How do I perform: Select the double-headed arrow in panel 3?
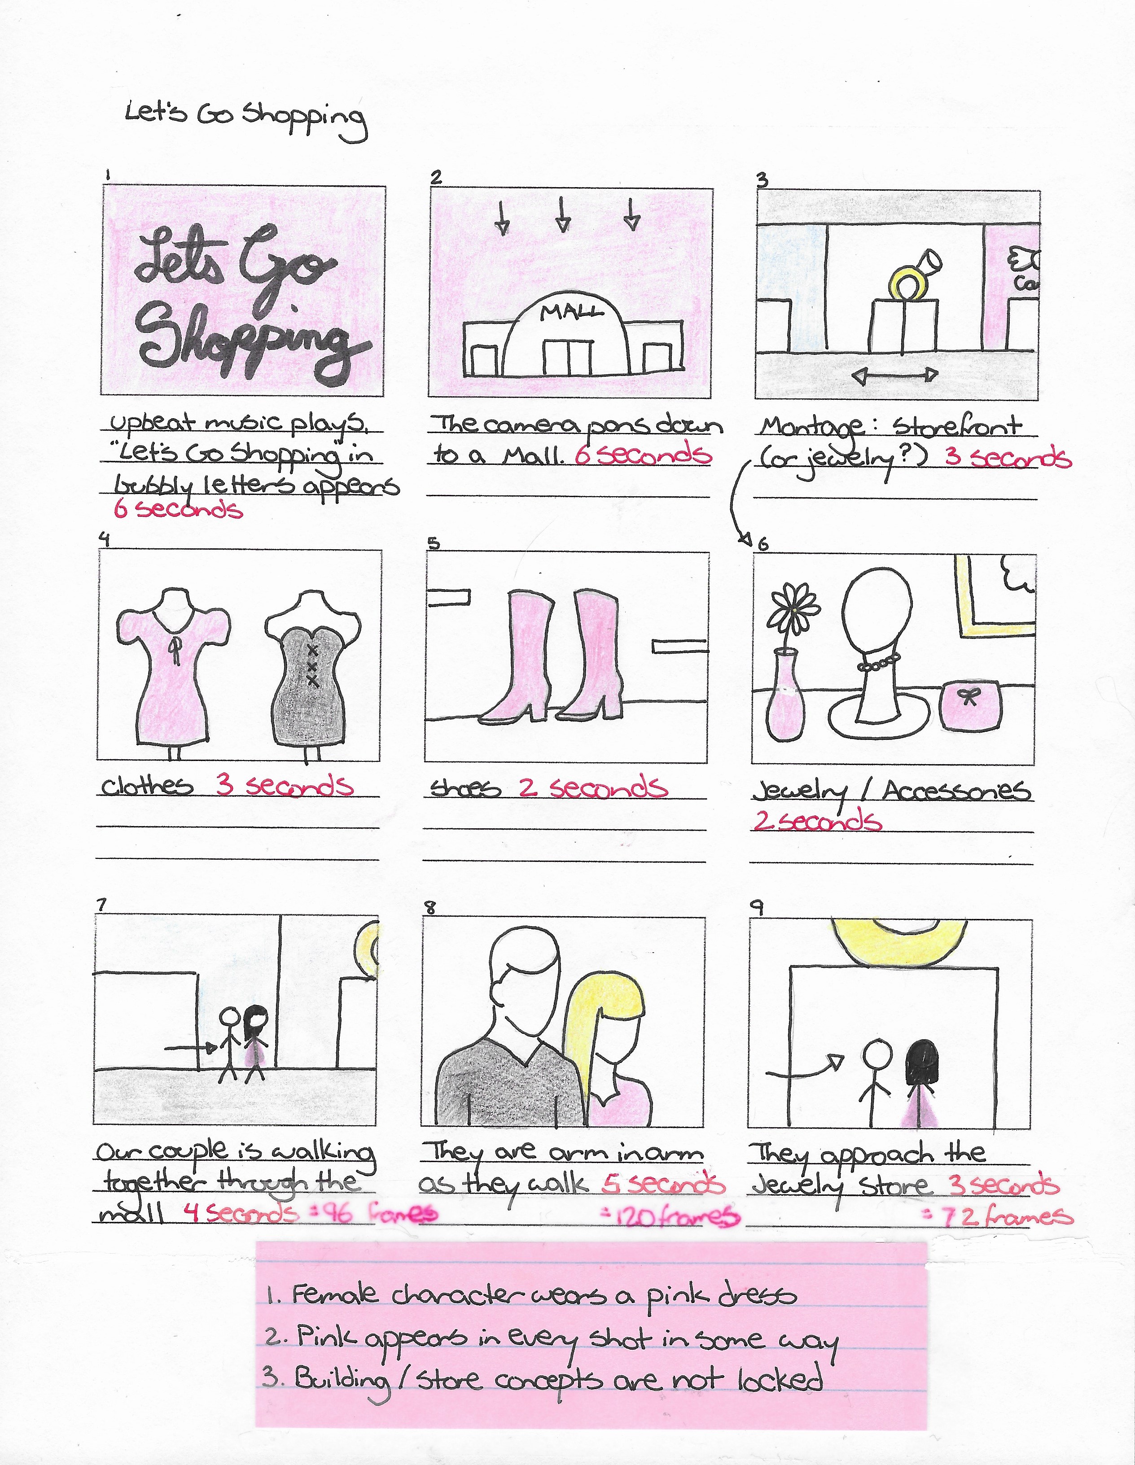tap(895, 375)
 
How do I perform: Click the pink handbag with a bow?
tap(971, 705)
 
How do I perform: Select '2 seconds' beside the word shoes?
tap(593, 787)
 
